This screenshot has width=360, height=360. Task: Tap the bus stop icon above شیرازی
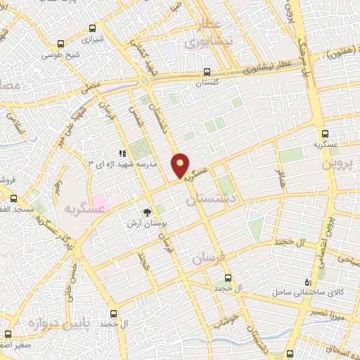click(93, 29)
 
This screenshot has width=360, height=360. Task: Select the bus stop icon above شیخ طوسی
click(62, 42)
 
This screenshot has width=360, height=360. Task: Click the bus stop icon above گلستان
click(206, 72)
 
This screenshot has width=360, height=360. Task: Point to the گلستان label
click(206, 83)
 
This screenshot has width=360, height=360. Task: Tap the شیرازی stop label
click(93, 39)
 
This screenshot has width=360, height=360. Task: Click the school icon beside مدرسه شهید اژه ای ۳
click(122, 153)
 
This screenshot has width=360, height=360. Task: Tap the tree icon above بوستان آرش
click(147, 212)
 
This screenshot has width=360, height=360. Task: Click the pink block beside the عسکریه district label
click(101, 204)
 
